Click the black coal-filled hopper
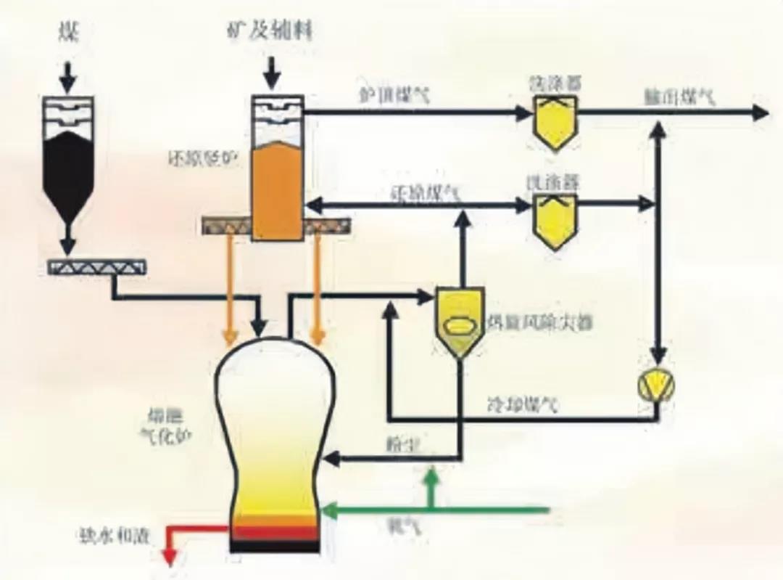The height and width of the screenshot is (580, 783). (67, 171)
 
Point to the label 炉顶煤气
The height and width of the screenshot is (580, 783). (394, 95)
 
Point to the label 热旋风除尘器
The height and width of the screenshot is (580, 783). (538, 323)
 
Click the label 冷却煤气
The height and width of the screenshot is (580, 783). (523, 405)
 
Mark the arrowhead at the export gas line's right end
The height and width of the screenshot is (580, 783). (761, 113)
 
